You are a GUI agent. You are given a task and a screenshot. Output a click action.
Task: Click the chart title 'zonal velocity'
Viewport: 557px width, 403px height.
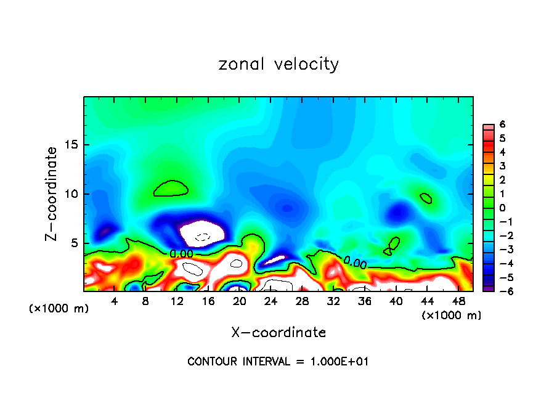(278, 64)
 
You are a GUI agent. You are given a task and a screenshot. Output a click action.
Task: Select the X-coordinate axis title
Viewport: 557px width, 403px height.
(278, 333)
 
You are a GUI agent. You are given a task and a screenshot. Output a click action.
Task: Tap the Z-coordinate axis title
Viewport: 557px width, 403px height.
(52, 193)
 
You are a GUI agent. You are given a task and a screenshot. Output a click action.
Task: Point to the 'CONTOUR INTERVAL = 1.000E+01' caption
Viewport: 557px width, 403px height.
(278, 362)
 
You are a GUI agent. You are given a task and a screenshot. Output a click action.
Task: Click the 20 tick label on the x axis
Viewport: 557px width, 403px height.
(240, 301)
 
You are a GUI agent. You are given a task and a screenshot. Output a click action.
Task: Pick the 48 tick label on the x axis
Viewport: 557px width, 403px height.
(458, 301)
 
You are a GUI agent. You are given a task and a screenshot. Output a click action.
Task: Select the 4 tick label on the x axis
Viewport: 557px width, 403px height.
(115, 301)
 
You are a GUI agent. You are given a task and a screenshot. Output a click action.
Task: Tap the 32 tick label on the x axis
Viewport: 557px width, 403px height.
(333, 301)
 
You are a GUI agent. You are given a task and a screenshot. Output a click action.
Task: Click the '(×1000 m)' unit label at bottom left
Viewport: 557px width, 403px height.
(59, 309)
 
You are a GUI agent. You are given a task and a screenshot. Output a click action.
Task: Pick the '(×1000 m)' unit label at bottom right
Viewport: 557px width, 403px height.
(451, 315)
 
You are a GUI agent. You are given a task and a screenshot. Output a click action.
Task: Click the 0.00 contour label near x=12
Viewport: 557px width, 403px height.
(181, 253)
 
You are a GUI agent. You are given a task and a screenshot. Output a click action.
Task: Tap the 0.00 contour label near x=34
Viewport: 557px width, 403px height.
(356, 263)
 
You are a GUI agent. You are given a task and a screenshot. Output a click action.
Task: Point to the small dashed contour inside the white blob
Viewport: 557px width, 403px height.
(203, 237)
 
